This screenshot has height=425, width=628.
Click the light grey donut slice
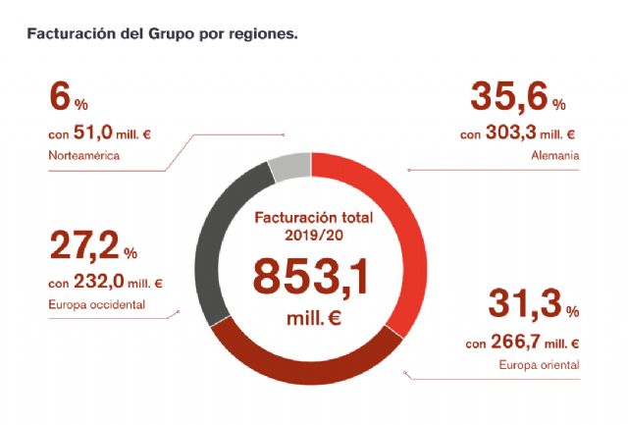tap(288, 167)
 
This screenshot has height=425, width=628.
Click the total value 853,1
tap(310, 276)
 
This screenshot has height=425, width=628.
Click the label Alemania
tap(556, 155)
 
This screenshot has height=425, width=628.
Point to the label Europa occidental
tap(96, 304)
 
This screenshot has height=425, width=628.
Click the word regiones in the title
tap(262, 32)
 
